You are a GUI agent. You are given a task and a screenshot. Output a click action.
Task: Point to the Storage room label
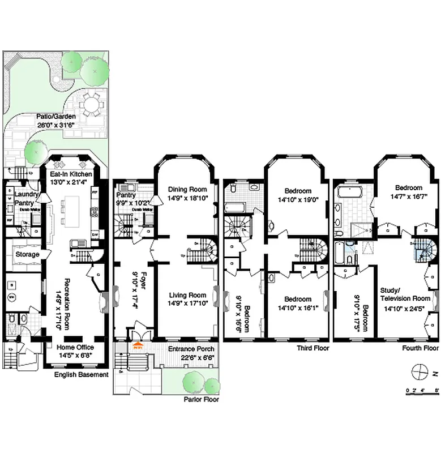tap(27, 255)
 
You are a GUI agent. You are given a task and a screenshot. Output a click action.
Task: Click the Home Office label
tap(75, 347)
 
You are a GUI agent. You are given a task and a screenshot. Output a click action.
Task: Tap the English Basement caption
tap(81, 375)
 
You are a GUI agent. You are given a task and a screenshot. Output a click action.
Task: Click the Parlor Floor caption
tap(200, 399)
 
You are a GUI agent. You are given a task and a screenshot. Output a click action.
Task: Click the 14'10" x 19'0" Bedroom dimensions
tap(298, 199)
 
